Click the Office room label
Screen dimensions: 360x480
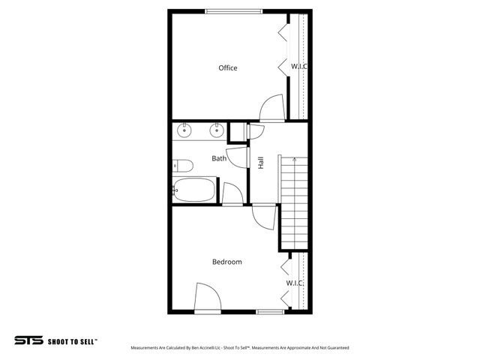[228, 68]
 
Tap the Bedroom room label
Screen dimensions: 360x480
[226, 262]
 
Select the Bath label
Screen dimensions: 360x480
[219, 158]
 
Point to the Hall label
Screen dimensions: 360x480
[261, 162]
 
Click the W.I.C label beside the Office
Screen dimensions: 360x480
[298, 67]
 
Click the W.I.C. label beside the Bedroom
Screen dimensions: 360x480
[295, 283]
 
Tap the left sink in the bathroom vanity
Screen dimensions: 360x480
[184, 131]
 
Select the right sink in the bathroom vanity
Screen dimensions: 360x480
[217, 131]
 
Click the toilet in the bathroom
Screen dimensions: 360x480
[183, 166]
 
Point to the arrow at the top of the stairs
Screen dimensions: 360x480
[294, 159]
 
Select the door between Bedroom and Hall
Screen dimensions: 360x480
[263, 217]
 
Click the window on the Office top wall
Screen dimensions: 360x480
[234, 10]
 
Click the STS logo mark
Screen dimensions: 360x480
[28, 340]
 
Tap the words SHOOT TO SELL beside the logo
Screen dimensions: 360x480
[72, 340]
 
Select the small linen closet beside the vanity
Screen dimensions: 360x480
[237, 132]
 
